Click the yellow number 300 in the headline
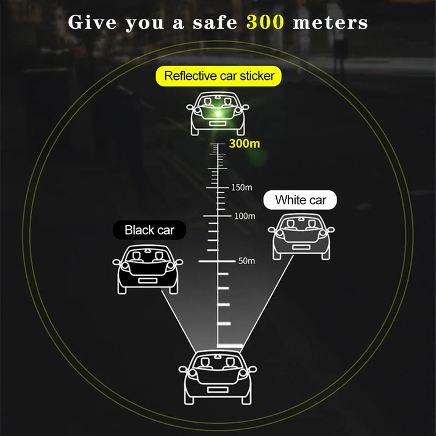pyautogui.click(x=265, y=22)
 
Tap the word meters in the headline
pyautogui.click(x=331, y=23)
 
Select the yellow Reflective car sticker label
pyautogui.click(x=218, y=76)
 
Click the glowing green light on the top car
pyautogui.click(x=218, y=113)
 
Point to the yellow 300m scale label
pyautogui.click(x=245, y=144)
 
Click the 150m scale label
pyautogui.click(x=241, y=187)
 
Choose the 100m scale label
pyautogui.click(x=245, y=216)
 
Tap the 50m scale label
pyautogui.click(x=246, y=261)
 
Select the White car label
pyautogui.click(x=300, y=200)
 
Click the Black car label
pyautogui.click(x=149, y=230)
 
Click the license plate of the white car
pyautogui.click(x=301, y=247)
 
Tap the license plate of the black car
pyautogui.click(x=148, y=281)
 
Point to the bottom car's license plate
pyautogui.click(x=218, y=390)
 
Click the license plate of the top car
pyautogui.click(x=218, y=124)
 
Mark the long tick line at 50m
pyautogui.click(x=217, y=262)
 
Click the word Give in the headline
pyautogui.click(x=92, y=22)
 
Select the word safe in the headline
pyautogui.click(x=215, y=22)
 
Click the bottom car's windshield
pyautogui.click(x=218, y=363)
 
